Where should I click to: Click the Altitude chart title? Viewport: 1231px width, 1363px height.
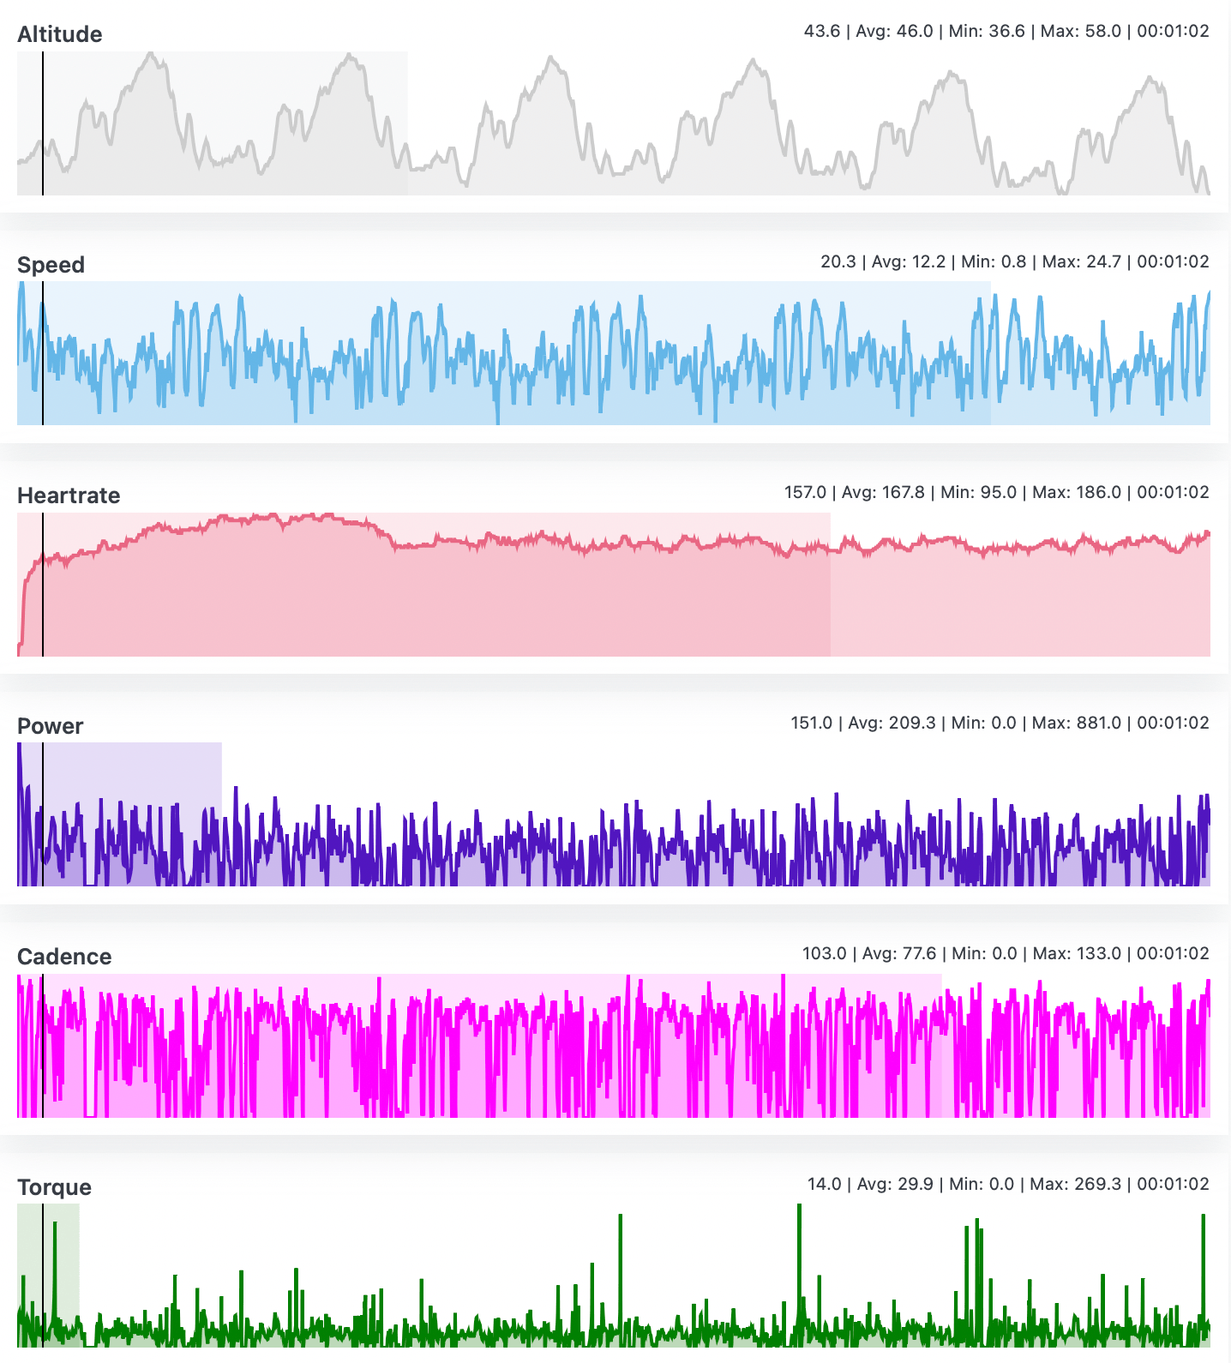coord(59,34)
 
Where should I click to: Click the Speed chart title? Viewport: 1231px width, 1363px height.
coord(51,265)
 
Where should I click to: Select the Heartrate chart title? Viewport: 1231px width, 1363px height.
coord(69,495)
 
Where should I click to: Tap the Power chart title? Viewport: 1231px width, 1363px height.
coord(50,726)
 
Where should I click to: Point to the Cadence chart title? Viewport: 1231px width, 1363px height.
coord(64,957)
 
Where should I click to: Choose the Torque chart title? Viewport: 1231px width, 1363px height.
coord(54,1187)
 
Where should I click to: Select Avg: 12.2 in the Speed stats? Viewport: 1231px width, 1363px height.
coord(908,261)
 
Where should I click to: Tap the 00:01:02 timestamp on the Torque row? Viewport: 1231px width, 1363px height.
coord(1173,1184)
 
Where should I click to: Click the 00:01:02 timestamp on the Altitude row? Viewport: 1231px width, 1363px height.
coord(1173,31)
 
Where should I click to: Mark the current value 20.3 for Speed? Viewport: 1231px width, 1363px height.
coord(838,261)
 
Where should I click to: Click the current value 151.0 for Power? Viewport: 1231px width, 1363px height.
coord(811,723)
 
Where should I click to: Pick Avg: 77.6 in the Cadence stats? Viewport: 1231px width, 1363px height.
coord(899,953)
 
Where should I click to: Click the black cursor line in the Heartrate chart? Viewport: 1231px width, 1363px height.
coord(43,600)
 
